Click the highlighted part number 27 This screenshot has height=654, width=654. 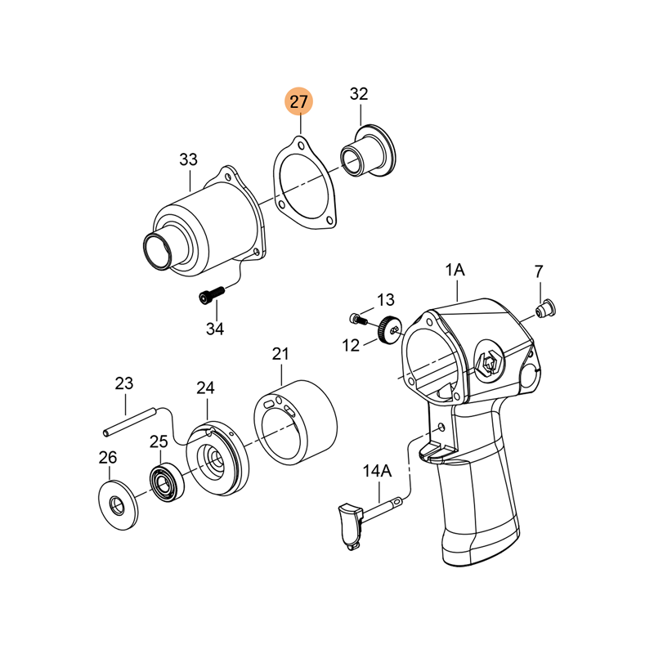click(x=298, y=101)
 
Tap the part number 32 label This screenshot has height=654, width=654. click(x=359, y=94)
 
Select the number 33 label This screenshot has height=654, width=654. click(x=188, y=159)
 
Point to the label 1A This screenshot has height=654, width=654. click(x=455, y=271)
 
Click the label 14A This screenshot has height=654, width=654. click(x=377, y=471)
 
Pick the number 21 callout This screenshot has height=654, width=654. click(x=280, y=354)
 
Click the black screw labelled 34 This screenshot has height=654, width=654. click(x=211, y=294)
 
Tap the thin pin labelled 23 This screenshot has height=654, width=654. click(x=130, y=422)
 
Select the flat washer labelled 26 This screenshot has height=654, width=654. click(x=118, y=505)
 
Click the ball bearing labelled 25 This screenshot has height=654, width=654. click(x=168, y=482)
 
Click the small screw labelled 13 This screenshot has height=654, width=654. click(x=357, y=320)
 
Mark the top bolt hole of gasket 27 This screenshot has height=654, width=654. click(x=300, y=146)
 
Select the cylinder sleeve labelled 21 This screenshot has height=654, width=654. click(x=295, y=422)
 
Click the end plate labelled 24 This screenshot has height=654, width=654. click(x=217, y=458)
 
